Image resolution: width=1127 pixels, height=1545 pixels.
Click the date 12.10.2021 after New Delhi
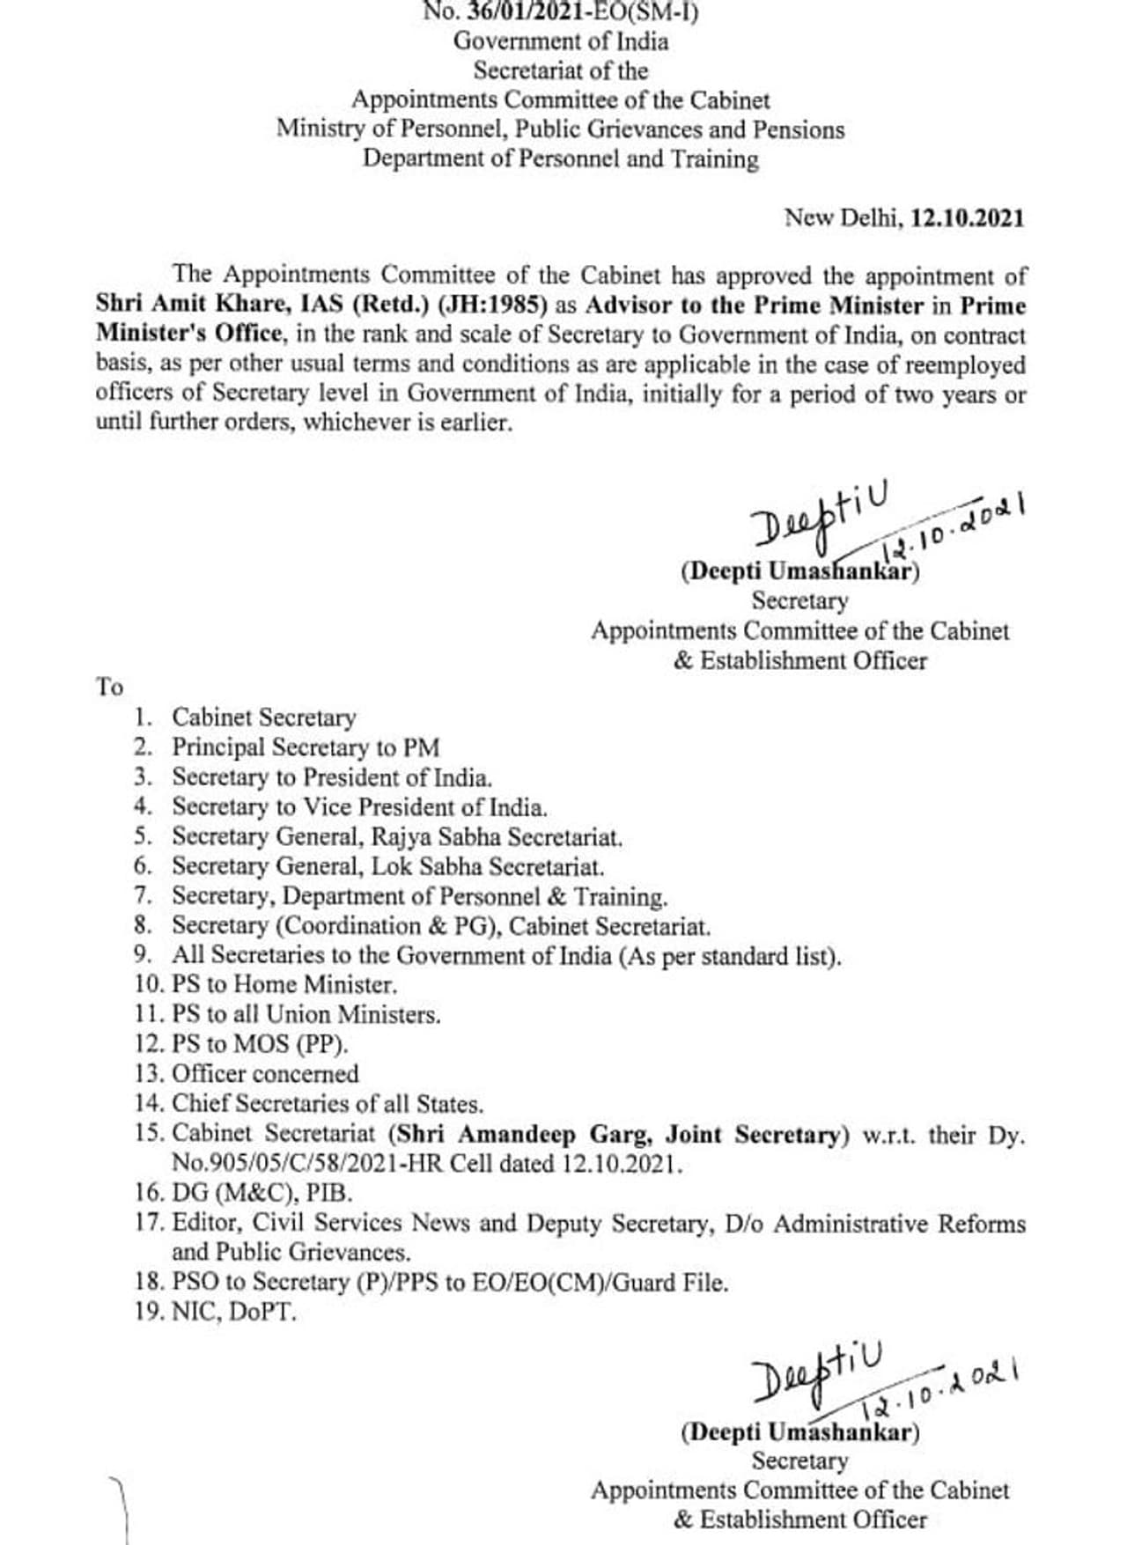tap(967, 217)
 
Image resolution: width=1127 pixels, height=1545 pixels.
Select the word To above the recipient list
tap(109, 687)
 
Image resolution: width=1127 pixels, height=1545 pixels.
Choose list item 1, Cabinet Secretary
tap(263, 717)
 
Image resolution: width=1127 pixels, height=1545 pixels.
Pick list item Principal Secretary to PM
tap(305, 747)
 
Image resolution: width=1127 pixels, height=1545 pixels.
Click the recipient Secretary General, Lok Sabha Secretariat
tap(387, 866)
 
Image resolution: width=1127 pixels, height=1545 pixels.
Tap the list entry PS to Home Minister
tap(284, 984)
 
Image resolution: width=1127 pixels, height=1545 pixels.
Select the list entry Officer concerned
tap(265, 1074)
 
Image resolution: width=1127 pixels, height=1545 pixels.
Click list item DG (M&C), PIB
tap(261, 1193)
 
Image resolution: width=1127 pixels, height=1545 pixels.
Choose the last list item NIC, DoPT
tap(233, 1312)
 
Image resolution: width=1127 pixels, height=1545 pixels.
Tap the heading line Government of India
tap(561, 41)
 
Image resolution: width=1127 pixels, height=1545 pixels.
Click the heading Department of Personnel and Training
tap(561, 159)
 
